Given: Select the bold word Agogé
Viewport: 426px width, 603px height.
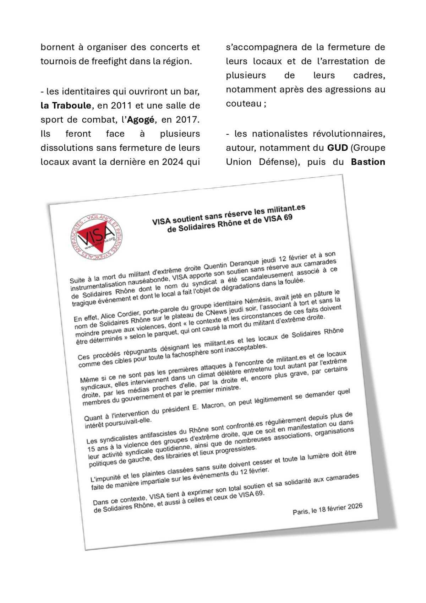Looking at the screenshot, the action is tap(141, 120).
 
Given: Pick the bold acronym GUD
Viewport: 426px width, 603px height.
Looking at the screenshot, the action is tap(337, 147).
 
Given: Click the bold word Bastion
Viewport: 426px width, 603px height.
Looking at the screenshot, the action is tap(368, 162).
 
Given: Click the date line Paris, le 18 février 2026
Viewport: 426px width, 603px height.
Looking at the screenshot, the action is tap(327, 510).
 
